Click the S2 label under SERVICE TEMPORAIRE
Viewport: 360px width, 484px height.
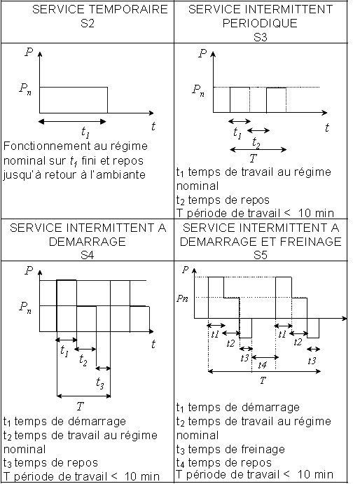pos(88,23)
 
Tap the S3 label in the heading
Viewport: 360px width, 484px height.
pos(261,36)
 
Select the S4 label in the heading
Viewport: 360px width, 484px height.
pos(88,255)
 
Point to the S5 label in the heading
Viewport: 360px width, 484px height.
pos(261,255)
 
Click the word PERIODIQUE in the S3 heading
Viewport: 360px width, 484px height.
pos(260,23)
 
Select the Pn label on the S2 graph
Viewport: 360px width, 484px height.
pos(25,89)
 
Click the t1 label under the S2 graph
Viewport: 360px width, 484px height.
pos(85,132)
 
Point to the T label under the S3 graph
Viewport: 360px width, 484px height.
pos(253,158)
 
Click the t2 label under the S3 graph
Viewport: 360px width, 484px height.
pos(256,143)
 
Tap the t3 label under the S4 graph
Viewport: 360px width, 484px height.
pos(99,383)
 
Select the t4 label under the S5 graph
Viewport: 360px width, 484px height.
pos(262,365)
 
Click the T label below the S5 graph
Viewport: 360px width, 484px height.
pos(262,380)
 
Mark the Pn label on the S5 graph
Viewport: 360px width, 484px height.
pos(182,298)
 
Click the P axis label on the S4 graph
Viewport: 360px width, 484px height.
pos(29,271)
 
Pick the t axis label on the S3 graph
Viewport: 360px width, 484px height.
pos(327,127)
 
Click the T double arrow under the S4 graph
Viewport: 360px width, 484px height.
pos(83,396)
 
